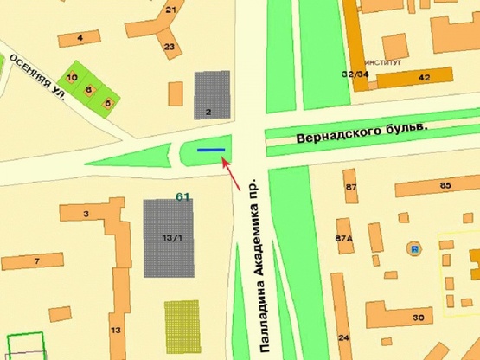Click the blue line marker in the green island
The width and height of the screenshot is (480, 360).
tap(211, 150)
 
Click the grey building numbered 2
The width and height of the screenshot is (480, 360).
tap(212, 94)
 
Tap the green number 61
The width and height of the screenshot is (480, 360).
tap(182, 197)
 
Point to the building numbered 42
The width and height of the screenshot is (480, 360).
tap(424, 78)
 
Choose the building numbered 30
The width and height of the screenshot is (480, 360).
tap(419, 318)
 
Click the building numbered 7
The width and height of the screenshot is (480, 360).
tap(36, 260)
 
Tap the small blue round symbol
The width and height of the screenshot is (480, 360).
tap(415, 249)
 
